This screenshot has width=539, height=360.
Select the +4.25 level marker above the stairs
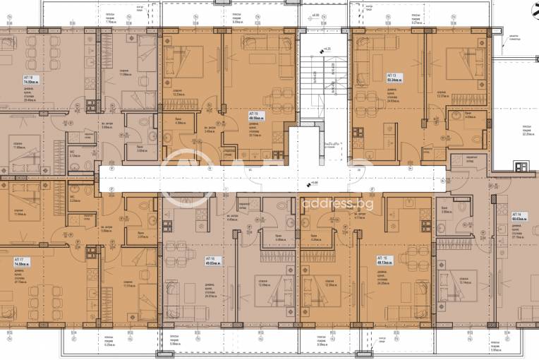[326, 49]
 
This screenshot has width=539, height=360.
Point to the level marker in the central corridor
[311, 185]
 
